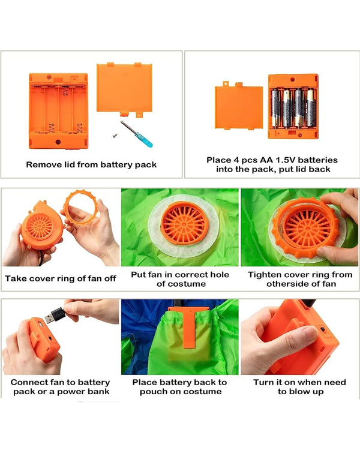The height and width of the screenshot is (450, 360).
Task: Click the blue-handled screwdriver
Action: pyautogui.click(x=136, y=134)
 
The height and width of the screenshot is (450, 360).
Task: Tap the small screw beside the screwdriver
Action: pyautogui.click(x=115, y=134)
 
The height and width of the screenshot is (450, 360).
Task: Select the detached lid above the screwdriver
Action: pyautogui.click(x=124, y=89)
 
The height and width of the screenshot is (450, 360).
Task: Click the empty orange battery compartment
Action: pyautogui.click(x=58, y=111)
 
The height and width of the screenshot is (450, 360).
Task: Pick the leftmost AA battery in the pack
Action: pyautogui.click(x=275, y=109)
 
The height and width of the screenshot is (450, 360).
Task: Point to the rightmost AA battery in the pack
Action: pyautogui.click(x=311, y=108)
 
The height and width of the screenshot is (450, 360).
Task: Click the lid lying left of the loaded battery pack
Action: pyautogui.click(x=239, y=106)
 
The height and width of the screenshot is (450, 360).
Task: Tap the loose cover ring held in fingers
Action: pyautogui.click(x=81, y=206)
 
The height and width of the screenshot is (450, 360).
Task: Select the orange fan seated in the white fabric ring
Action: pyautogui.click(x=184, y=223)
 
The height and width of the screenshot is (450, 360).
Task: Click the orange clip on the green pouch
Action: pyautogui.click(x=188, y=326)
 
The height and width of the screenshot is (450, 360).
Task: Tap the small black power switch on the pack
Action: pyautogui.click(x=323, y=330)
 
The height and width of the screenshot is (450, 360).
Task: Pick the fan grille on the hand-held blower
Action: pyautogui.click(x=40, y=226)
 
